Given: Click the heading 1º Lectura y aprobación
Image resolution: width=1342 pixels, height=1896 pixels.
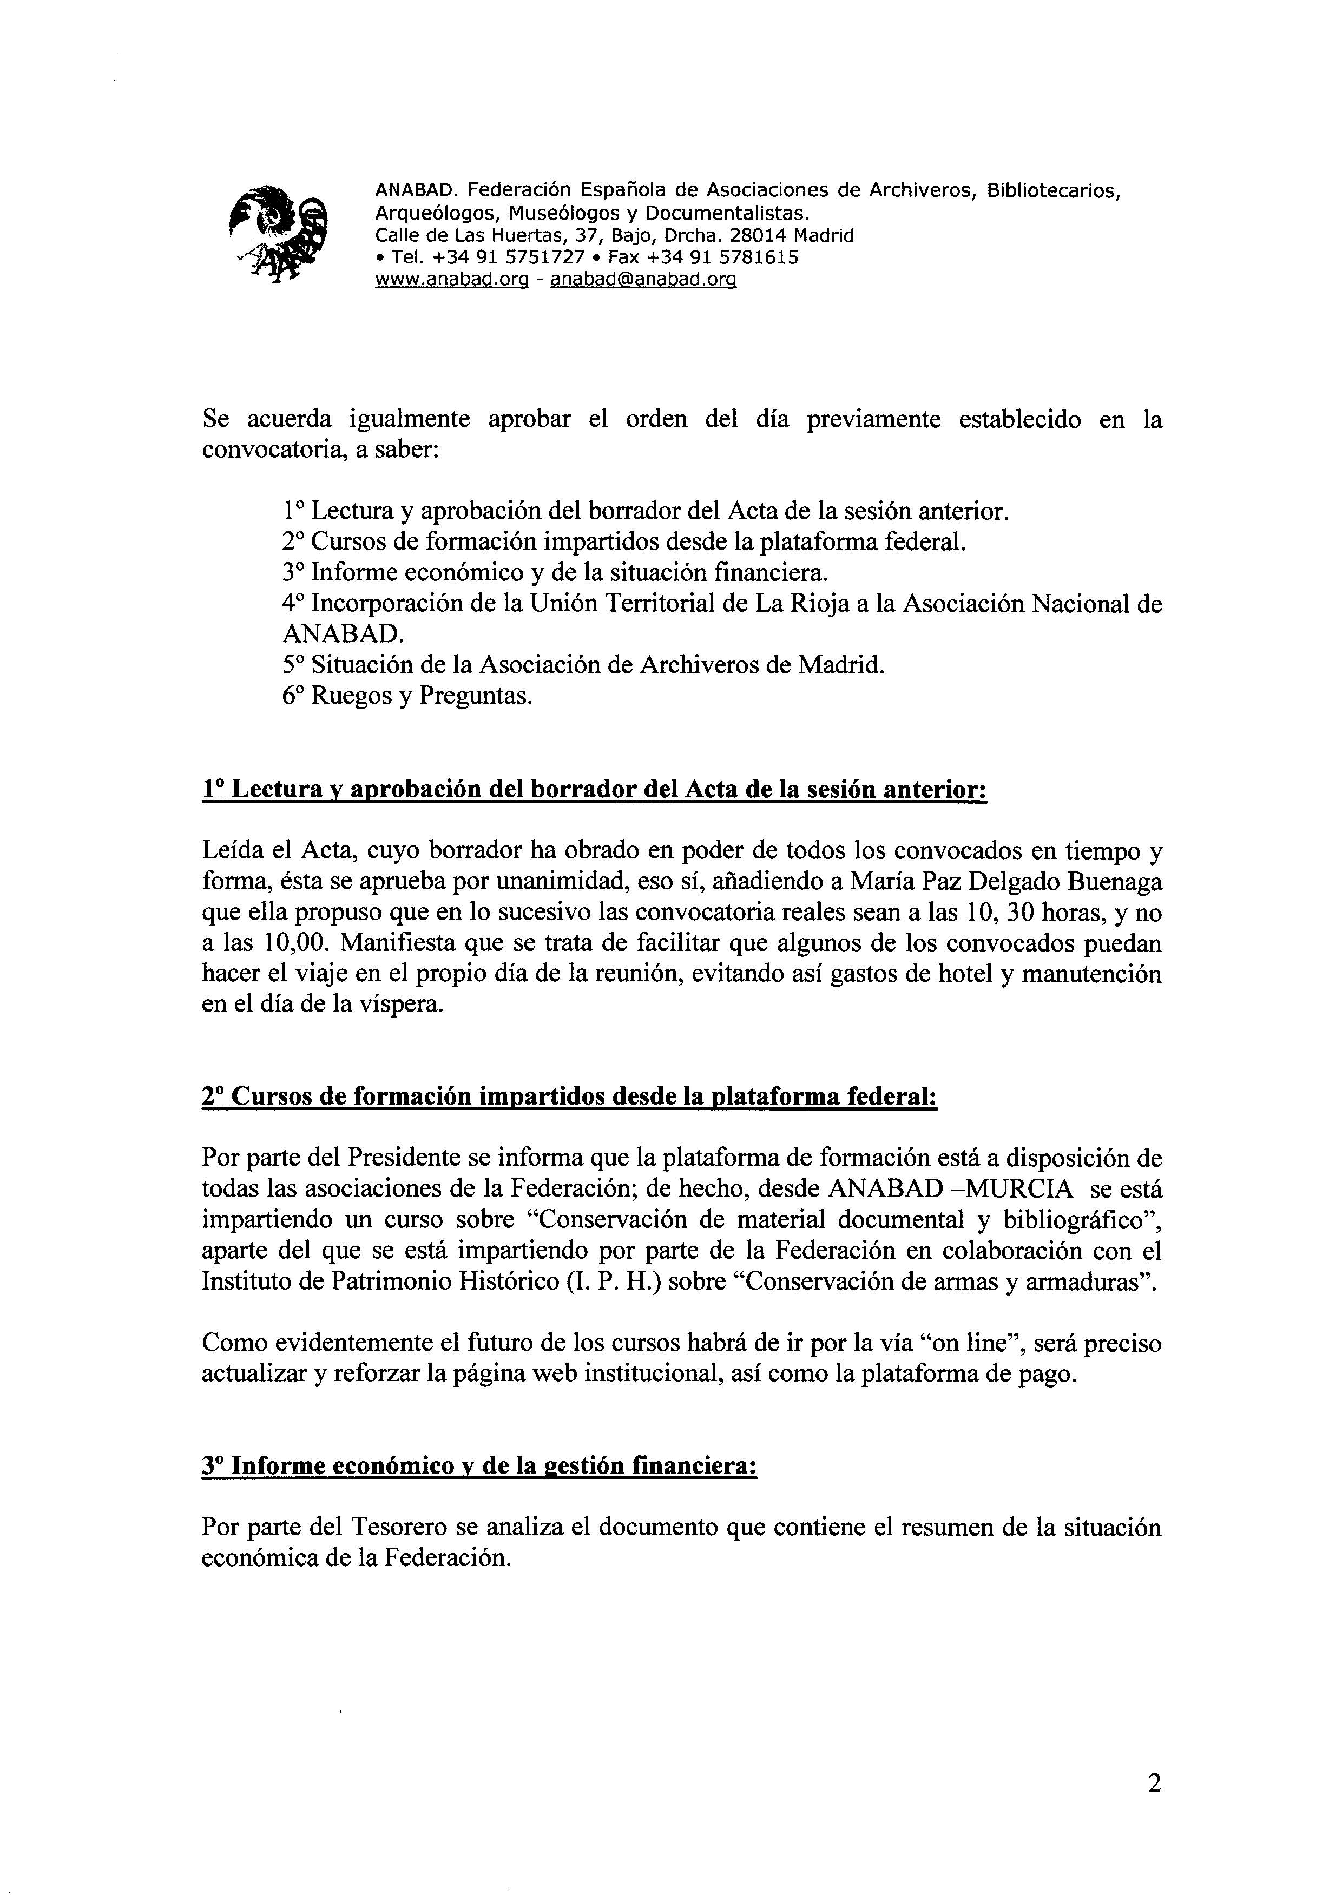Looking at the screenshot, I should coord(594,790).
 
